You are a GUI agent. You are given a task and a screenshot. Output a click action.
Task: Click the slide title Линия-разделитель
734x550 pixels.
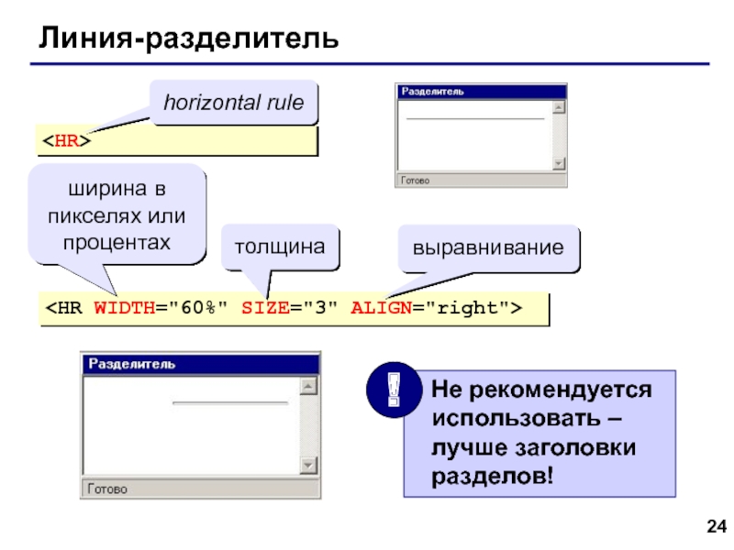click(x=188, y=38)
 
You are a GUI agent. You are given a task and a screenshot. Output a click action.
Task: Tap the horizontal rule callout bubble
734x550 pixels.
click(x=233, y=103)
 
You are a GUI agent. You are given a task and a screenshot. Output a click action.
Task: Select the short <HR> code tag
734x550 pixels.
click(x=65, y=141)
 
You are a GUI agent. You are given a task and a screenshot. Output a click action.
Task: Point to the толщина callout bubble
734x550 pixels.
click(x=280, y=247)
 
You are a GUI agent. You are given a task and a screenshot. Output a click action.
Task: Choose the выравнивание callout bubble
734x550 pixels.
click(x=487, y=247)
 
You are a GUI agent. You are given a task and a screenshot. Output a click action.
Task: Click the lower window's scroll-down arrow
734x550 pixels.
click(x=310, y=466)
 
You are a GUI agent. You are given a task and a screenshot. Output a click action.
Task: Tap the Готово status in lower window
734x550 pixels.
click(x=108, y=489)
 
